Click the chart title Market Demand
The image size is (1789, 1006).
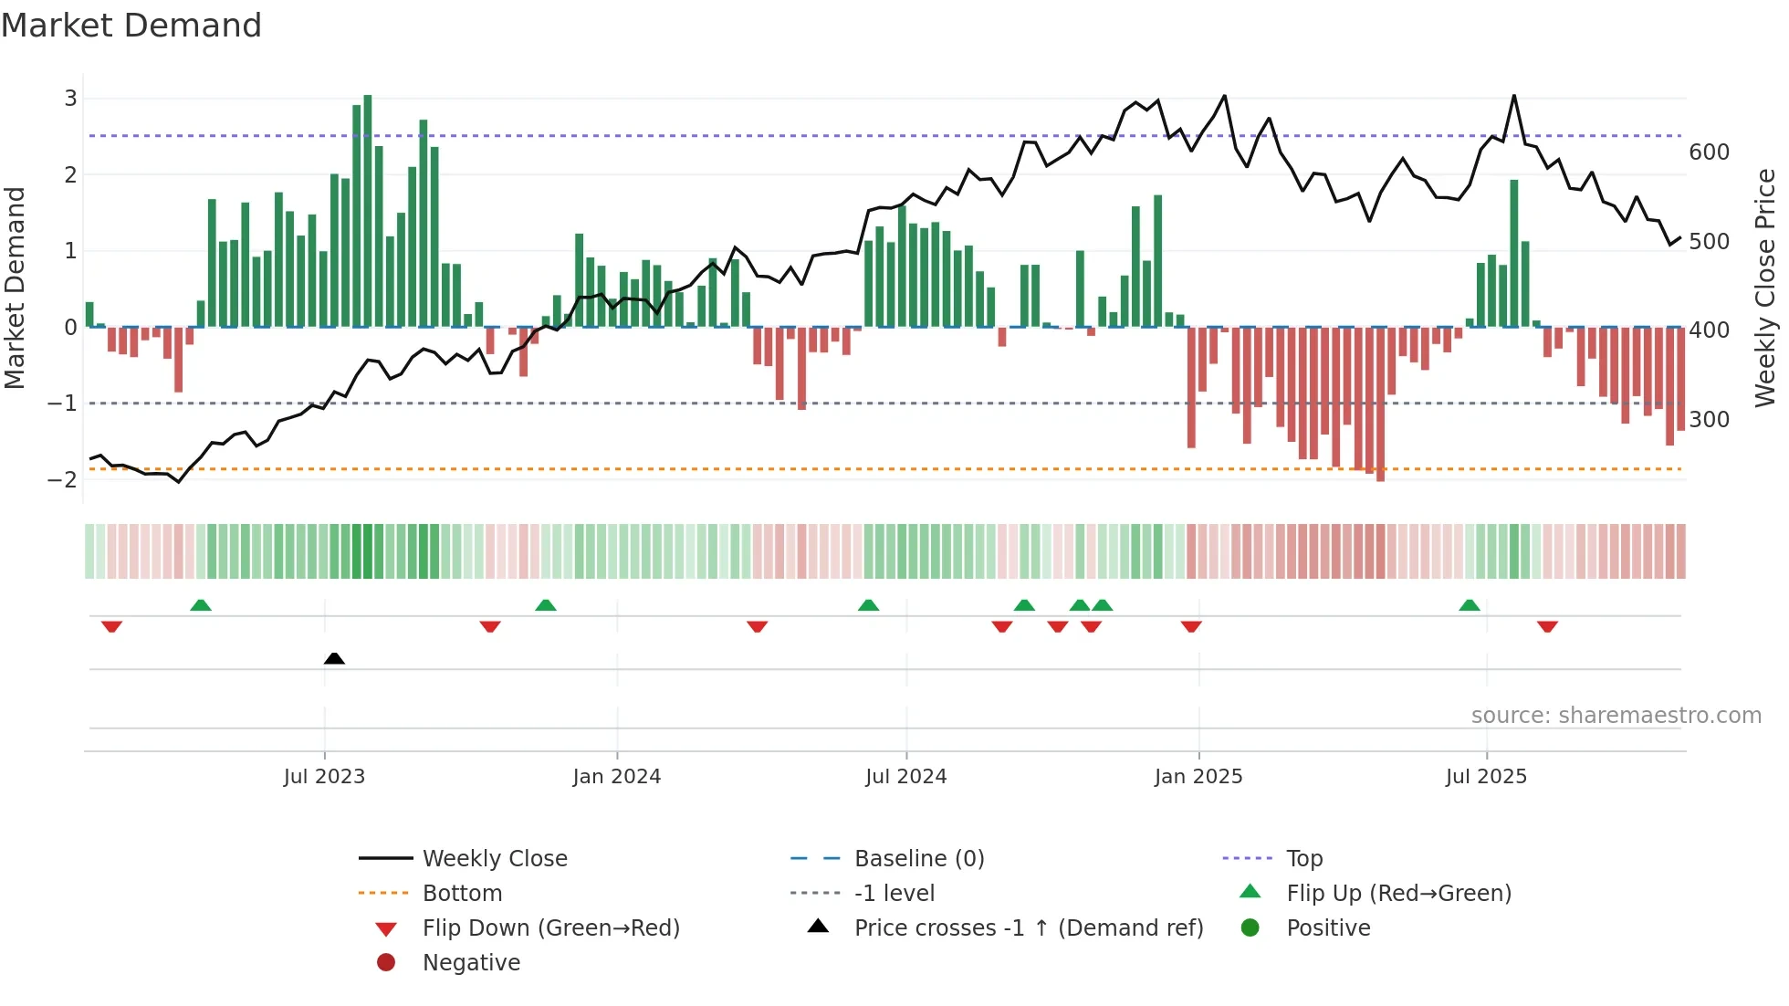[131, 26]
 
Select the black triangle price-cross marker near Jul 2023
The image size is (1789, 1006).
[334, 658]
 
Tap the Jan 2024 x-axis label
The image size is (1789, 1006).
[616, 777]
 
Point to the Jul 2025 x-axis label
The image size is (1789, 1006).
[1485, 777]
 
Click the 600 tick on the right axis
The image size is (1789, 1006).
[1709, 152]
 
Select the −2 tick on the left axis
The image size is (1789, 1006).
[62, 479]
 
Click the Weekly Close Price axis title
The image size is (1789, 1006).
[1765, 288]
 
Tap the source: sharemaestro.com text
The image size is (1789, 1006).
[1616, 716]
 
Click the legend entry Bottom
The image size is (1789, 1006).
[462, 894]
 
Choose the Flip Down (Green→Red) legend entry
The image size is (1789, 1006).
[550, 928]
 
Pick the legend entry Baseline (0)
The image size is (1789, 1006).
[918, 859]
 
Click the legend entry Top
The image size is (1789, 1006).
[1303, 859]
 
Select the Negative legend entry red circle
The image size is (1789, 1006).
[386, 963]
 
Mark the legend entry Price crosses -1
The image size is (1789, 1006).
[1028, 928]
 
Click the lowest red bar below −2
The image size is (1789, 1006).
[1380, 406]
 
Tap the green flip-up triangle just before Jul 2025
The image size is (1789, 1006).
[1469, 605]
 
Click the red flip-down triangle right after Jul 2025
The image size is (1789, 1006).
[1547, 626]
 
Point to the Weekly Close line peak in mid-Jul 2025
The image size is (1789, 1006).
[1513, 96]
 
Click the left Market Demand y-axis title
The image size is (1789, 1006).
[16, 288]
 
